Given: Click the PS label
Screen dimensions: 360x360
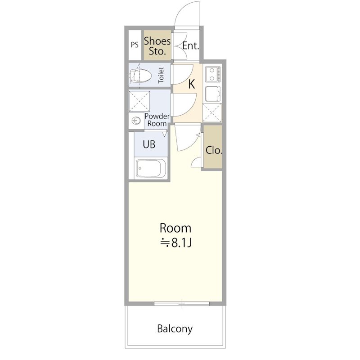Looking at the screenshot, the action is (x=135, y=45).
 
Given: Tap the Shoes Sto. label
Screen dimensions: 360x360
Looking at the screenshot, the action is (x=157, y=46).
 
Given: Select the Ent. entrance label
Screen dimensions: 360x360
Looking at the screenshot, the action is (x=190, y=46).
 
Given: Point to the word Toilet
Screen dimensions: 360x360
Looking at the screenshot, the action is (x=161, y=75).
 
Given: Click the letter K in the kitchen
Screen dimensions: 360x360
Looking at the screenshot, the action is (x=192, y=84).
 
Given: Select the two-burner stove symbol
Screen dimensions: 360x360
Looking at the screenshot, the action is (x=213, y=74).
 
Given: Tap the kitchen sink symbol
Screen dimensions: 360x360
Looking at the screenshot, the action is (x=212, y=94).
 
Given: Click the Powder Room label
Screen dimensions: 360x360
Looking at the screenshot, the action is (x=157, y=120).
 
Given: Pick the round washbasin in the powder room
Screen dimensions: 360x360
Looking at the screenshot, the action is (x=136, y=120).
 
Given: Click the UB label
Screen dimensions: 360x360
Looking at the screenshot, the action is (x=149, y=144).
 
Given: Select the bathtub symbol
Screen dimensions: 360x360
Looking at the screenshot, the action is (x=151, y=169).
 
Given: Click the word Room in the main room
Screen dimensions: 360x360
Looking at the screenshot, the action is (x=175, y=228).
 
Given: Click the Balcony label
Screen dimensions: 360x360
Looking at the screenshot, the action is (x=175, y=329).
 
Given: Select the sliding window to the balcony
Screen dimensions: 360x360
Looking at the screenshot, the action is (x=182, y=304).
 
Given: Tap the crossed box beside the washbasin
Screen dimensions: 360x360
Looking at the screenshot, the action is (x=139, y=101).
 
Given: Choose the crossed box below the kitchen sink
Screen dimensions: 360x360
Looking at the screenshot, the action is (x=212, y=113).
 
